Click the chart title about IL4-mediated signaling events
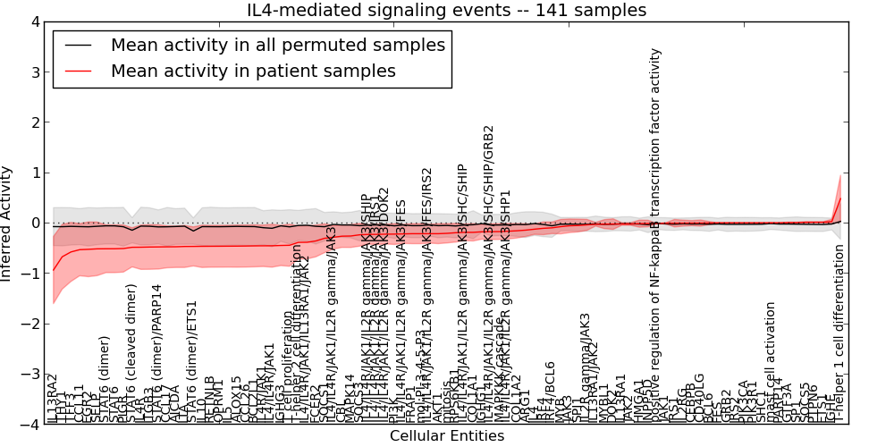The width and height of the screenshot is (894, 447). (x=446, y=10)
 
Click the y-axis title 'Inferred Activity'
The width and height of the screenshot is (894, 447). (x=8, y=223)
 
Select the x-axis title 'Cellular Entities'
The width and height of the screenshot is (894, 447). (x=446, y=436)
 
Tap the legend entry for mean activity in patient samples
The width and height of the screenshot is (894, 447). (x=253, y=71)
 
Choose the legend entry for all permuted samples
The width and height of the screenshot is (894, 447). (x=277, y=44)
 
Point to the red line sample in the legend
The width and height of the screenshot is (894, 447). (x=78, y=71)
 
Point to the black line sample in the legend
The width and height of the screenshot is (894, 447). (x=78, y=44)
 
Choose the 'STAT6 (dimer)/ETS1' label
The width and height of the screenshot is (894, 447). (x=193, y=353)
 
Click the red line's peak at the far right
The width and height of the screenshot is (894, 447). (x=840, y=198)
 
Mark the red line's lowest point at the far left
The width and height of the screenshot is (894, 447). (x=54, y=270)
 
